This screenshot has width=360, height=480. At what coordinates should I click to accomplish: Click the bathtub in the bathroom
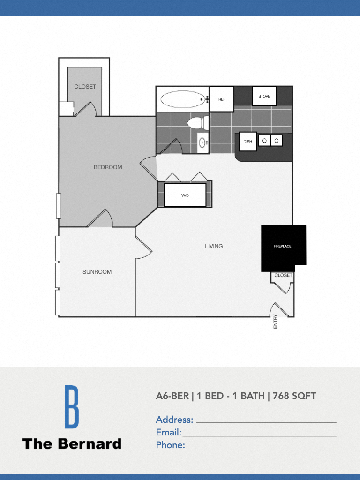pos(183,99)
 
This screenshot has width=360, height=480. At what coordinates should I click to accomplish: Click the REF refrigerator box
pos(222,99)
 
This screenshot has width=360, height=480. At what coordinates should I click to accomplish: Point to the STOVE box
pos(264,96)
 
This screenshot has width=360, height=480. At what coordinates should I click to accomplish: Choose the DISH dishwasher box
pos(247,142)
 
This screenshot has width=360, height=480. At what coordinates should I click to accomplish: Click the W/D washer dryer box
pos(185,195)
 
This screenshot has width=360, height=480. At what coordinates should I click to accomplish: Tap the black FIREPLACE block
pos(283,247)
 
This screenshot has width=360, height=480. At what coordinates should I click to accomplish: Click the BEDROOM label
pos(108,167)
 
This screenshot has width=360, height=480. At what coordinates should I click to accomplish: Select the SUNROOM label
pos(97,272)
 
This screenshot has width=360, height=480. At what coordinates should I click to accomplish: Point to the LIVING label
pos(214,246)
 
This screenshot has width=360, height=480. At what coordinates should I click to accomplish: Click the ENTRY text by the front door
pos(275,321)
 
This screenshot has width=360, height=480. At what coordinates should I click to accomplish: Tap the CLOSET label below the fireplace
pos(283,276)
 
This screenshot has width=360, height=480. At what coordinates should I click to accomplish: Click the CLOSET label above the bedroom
pos(85,87)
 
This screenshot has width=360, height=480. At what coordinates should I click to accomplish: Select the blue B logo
pos(72,406)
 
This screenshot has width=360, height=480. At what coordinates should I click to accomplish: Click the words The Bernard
pos(72,443)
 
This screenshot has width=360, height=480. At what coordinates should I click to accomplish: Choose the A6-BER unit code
pos(172,396)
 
